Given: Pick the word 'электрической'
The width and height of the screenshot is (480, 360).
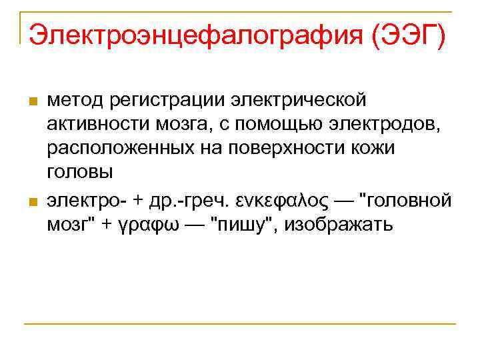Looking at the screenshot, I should [x=298, y=100].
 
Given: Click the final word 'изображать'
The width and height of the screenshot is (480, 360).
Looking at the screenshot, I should [x=340, y=224].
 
